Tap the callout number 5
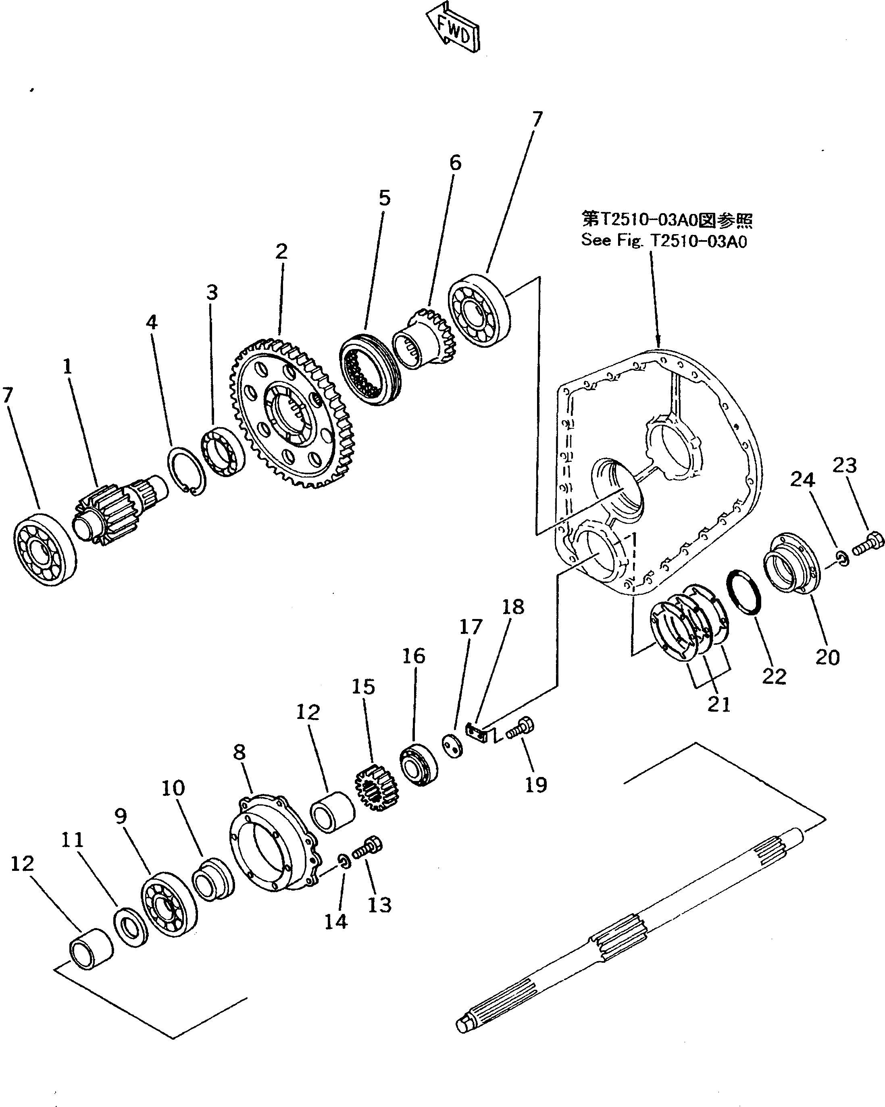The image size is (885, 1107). pyautogui.click(x=385, y=198)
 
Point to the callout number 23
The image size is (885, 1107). pyautogui.click(x=844, y=466)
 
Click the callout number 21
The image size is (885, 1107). pyautogui.click(x=718, y=704)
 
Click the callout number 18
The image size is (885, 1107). pyautogui.click(x=512, y=606)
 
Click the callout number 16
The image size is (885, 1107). pyautogui.click(x=414, y=656)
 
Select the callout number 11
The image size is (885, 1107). pyautogui.click(x=73, y=840)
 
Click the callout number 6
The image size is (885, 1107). pyautogui.click(x=455, y=163)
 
